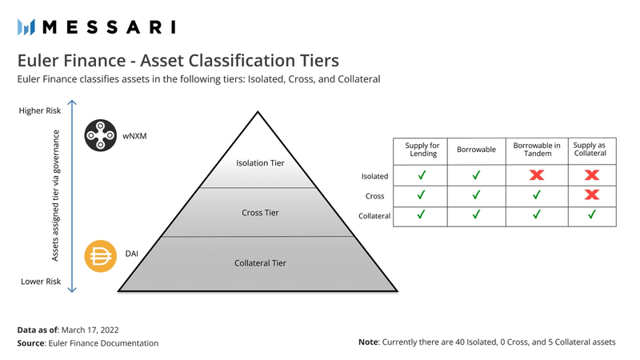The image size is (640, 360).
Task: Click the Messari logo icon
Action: [26, 27]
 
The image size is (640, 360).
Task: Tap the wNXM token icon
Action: [101, 135]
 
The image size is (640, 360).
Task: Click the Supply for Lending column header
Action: [422, 150]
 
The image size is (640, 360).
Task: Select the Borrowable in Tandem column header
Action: [537, 150]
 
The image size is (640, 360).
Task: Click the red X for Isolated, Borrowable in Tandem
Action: [537, 174]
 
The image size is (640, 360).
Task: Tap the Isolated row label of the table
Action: [374, 175]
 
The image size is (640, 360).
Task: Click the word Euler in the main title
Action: [39, 61]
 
